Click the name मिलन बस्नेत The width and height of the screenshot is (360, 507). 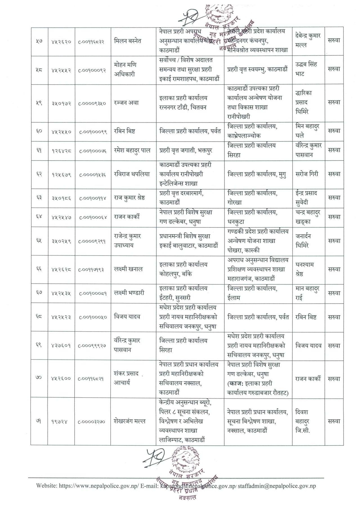[128, 41]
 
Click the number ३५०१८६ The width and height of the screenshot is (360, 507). [61, 198]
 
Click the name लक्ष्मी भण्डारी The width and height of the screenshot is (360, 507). [129, 293]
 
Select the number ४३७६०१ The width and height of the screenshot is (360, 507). [61, 346]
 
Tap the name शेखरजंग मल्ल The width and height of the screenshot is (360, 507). [130, 421]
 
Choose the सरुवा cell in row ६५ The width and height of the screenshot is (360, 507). [334, 241]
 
